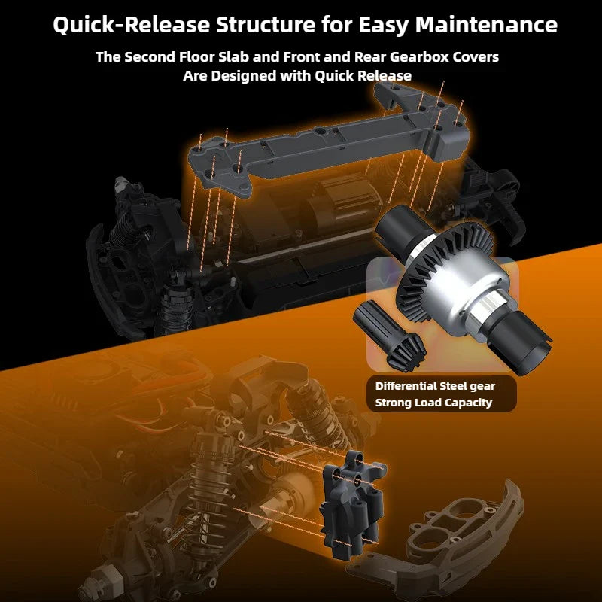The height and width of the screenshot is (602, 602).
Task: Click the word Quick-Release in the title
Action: (x=131, y=25)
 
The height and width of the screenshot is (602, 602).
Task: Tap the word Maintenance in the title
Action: (x=486, y=25)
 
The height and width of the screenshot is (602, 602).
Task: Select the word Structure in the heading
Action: (x=266, y=25)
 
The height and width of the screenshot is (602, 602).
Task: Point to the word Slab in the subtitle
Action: (x=234, y=57)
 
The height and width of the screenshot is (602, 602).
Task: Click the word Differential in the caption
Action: (x=406, y=386)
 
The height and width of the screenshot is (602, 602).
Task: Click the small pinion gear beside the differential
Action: (x=390, y=336)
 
